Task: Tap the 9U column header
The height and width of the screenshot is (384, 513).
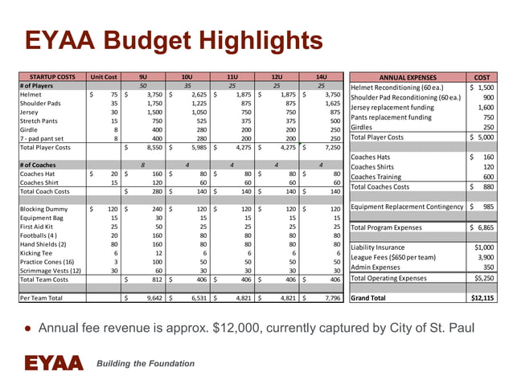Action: point(143,76)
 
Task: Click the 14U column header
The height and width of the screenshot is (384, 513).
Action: point(321,76)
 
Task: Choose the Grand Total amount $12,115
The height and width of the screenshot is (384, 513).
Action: point(482,297)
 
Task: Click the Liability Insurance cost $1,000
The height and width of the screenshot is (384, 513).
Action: point(484,247)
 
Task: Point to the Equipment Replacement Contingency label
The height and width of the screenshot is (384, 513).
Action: point(407,206)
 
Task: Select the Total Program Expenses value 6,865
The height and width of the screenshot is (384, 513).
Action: point(485,227)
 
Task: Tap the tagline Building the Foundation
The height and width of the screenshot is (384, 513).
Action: point(146,364)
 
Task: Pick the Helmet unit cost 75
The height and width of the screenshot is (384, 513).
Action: point(113,94)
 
